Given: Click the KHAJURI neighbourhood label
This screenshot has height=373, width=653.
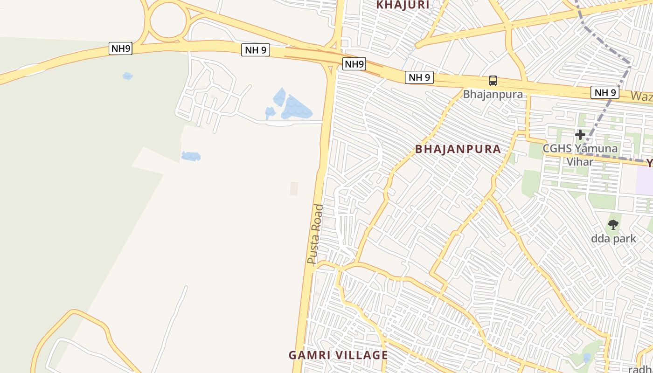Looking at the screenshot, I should pos(403,5).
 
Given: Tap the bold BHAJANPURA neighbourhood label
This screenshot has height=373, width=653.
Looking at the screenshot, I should pos(458,149).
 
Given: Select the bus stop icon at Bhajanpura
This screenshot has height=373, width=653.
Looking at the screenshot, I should pos(493,81).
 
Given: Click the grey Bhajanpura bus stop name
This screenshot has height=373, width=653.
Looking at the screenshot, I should pos(493,94).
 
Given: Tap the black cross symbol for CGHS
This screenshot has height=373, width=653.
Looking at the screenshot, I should pos(580,135).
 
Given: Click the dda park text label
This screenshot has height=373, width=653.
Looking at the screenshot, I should pos(613,239).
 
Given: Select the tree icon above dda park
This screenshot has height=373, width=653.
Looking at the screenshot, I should pos(613,225).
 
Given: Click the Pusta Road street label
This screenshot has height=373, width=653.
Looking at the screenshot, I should pos(315,235).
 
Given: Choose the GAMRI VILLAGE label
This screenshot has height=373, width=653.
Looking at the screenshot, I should pos(338,355).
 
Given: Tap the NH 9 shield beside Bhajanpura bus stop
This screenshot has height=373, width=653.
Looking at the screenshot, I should pos(419,77).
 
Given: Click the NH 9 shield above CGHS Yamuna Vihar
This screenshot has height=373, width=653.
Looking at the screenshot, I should pos(605,92).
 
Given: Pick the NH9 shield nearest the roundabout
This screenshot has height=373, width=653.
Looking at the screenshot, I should pos(120,48).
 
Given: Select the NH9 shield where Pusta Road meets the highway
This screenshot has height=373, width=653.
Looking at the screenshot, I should pos(354,64).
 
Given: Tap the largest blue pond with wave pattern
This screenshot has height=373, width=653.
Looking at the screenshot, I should pos(296,109).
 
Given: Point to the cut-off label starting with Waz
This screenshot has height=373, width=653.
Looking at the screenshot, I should pos(642,97).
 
